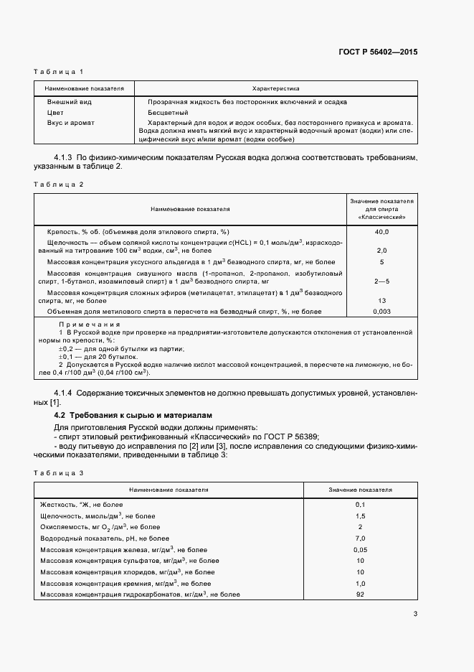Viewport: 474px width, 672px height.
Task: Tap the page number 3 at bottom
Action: point(415,613)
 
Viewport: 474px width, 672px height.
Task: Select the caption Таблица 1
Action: point(60,72)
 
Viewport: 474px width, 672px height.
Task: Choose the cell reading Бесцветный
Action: point(167,113)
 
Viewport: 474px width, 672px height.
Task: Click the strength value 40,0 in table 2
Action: point(381,232)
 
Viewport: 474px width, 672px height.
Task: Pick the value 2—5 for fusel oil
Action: point(381,282)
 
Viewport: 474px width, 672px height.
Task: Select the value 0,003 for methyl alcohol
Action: point(381,312)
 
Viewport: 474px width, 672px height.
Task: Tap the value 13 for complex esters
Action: point(381,302)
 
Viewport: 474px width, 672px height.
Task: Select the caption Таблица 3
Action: point(60,473)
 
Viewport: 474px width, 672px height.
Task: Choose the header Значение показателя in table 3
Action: point(360,490)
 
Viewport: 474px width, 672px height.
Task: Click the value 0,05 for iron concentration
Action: point(360,549)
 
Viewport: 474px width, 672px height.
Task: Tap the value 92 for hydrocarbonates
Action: point(360,594)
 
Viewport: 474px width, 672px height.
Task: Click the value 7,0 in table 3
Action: point(360,538)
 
